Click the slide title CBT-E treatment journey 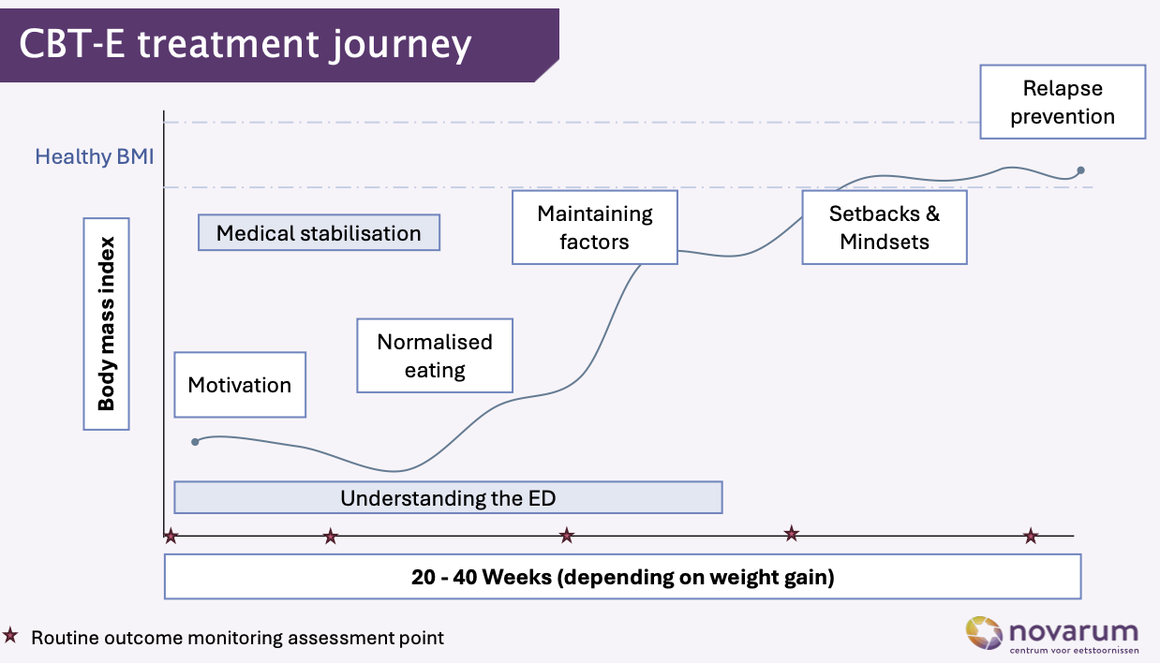click(245, 44)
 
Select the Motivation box click(240, 385)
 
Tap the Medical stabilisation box click(319, 233)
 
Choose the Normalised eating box click(435, 356)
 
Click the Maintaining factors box click(594, 228)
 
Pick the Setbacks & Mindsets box click(885, 228)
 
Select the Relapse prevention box click(1063, 102)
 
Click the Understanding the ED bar click(448, 497)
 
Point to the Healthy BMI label click(95, 156)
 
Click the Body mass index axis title click(106, 324)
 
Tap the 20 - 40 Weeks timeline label click(622, 577)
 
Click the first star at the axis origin click(171, 537)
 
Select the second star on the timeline click(330, 537)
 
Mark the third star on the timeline click(566, 536)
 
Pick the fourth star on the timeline click(792, 534)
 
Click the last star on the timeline click(1031, 537)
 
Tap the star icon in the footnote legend click(10, 636)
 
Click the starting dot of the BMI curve click(195, 441)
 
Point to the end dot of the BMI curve click(1080, 170)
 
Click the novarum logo click(1051, 634)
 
